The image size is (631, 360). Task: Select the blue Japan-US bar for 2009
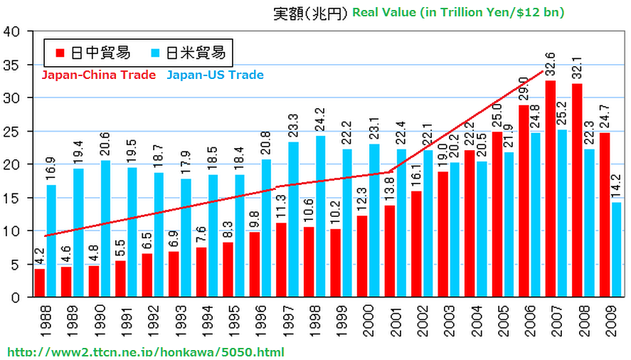616,249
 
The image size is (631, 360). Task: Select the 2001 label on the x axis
390,321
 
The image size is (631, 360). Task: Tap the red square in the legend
60,53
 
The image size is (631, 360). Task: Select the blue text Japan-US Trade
215,75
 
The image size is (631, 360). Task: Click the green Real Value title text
458,13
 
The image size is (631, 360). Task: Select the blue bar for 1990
105,228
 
